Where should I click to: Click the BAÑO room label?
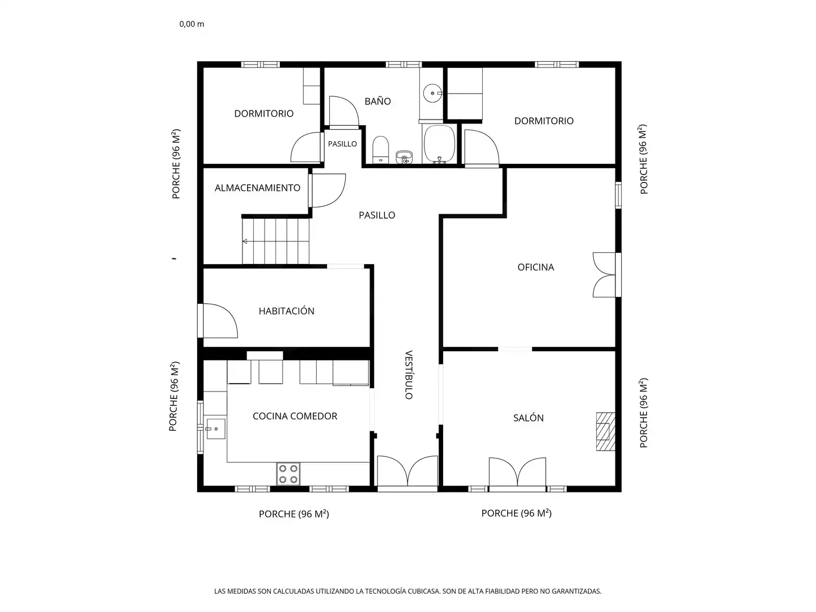click(x=377, y=101)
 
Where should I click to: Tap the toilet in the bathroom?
click(x=380, y=150)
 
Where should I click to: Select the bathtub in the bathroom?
click(x=439, y=144)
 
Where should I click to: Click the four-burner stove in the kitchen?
click(x=288, y=474)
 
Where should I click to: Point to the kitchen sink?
click(x=216, y=429)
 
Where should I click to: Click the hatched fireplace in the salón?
click(x=606, y=431)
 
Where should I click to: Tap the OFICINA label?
click(x=535, y=267)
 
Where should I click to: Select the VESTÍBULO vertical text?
click(x=409, y=375)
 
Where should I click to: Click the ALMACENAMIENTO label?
click(x=257, y=188)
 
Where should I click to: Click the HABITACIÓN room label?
click(x=286, y=311)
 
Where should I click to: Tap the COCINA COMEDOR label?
click(x=295, y=416)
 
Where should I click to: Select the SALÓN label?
click(x=528, y=418)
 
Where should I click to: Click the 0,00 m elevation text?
click(x=192, y=24)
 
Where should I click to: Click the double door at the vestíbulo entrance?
click(x=407, y=471)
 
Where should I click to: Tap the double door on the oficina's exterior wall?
click(x=603, y=275)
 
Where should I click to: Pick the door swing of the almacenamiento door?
click(x=329, y=190)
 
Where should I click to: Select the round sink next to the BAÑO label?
click(x=432, y=93)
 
